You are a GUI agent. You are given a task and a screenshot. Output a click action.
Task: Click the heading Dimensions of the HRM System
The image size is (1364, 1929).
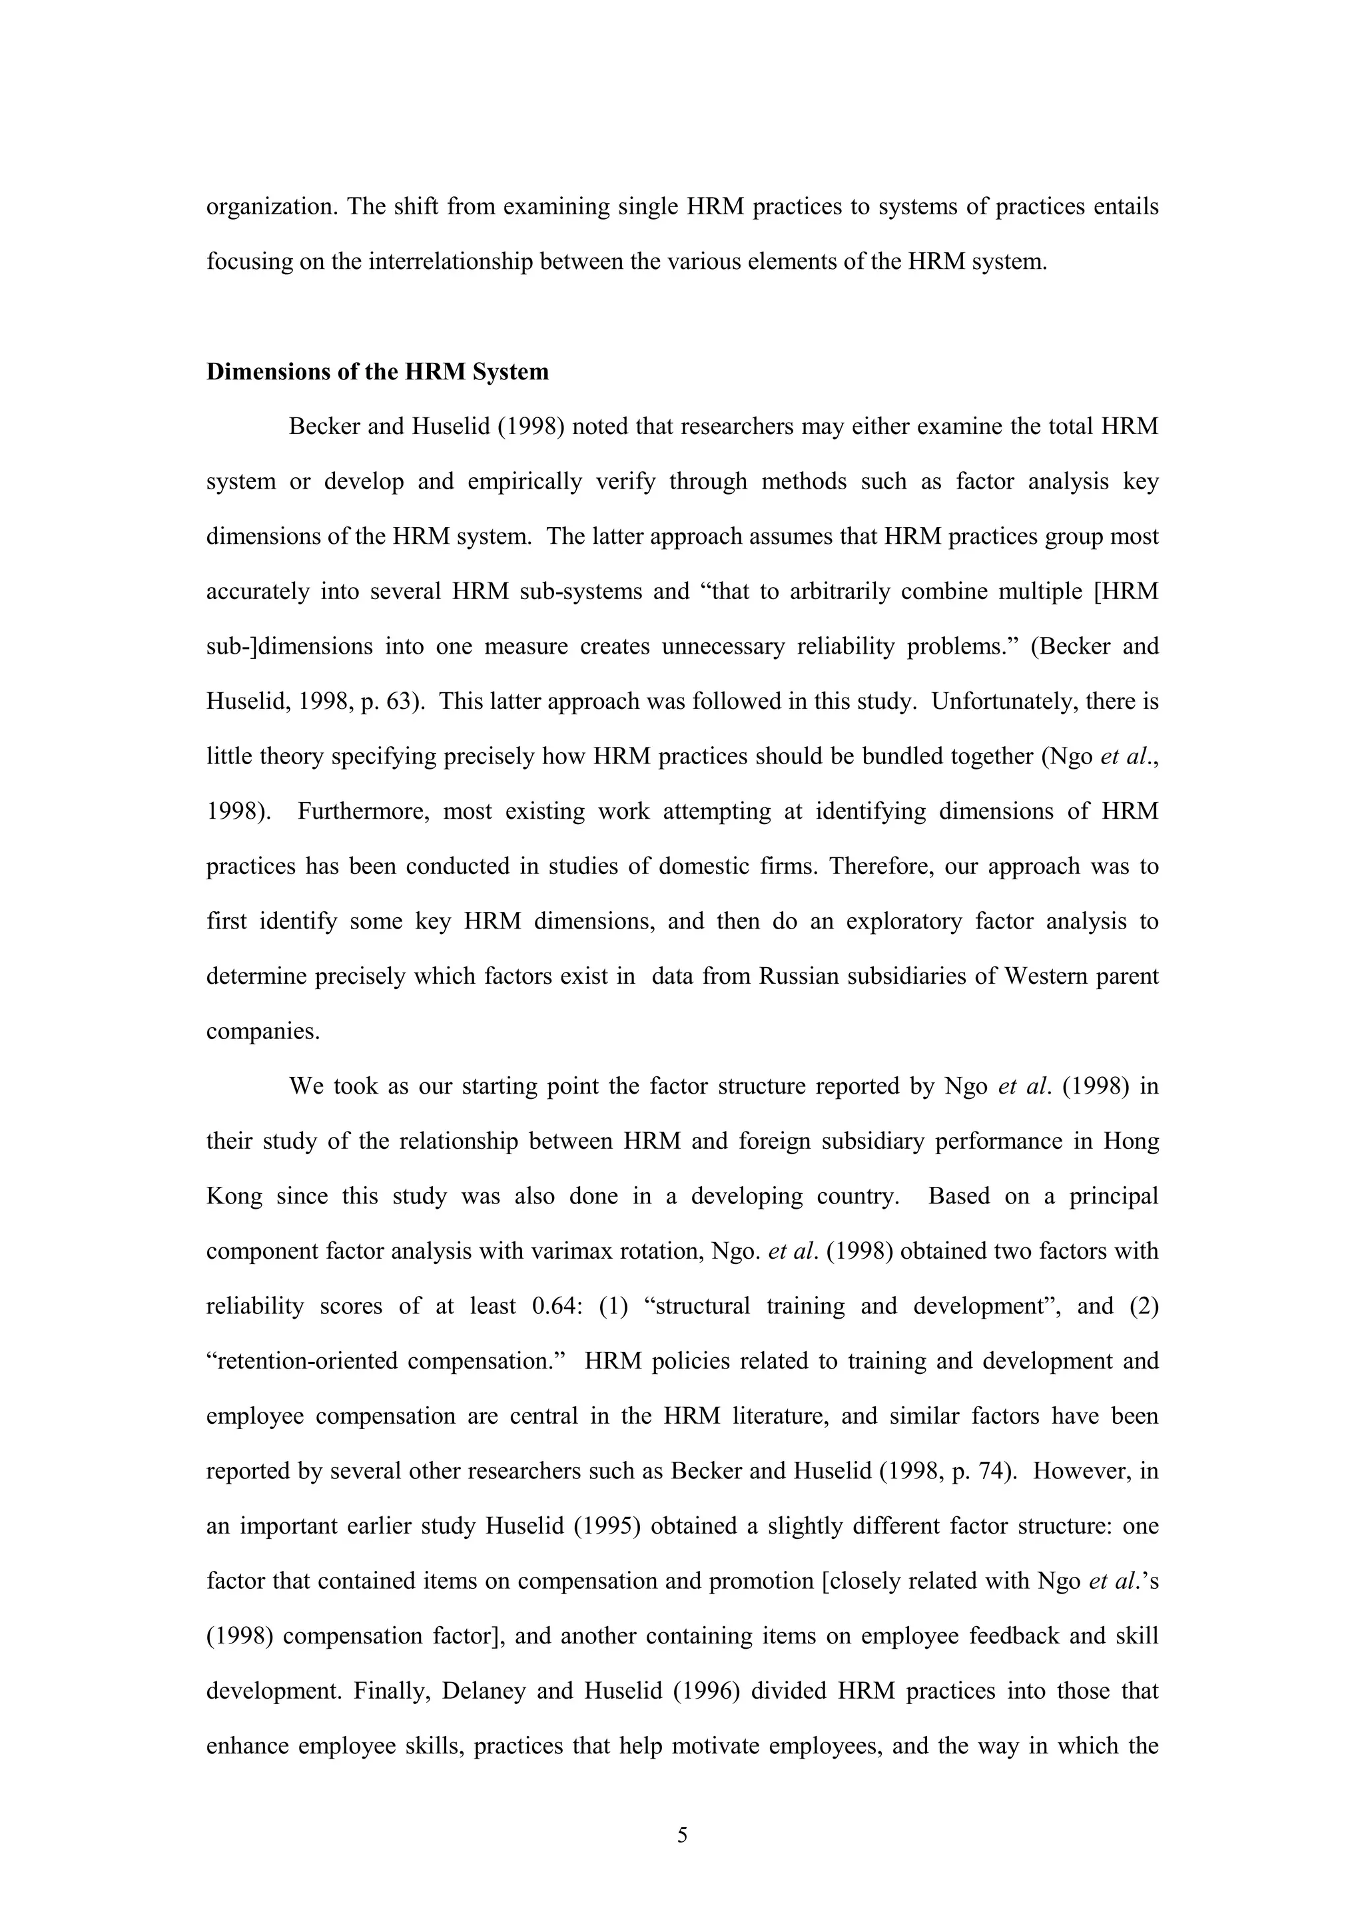point(378,372)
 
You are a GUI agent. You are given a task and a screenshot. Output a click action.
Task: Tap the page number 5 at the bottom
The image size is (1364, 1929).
point(681,1835)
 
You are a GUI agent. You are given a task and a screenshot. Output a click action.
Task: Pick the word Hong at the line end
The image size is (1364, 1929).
point(1130,1142)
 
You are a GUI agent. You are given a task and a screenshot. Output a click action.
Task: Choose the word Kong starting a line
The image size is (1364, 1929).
point(234,1196)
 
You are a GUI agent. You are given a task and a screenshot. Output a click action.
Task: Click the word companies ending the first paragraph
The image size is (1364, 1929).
point(263,1032)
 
